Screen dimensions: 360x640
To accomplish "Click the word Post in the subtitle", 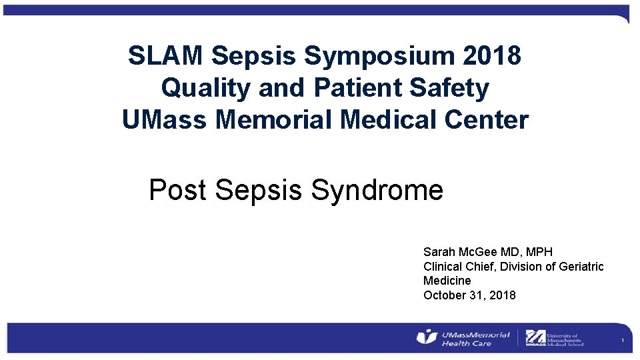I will click(x=178, y=190).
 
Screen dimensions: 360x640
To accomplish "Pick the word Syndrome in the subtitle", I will click(x=377, y=190).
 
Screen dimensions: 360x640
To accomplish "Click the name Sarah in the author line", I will click(x=439, y=252).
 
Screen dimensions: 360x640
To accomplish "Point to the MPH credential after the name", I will click(x=539, y=252).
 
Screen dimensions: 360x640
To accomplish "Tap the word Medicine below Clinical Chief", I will click(x=447, y=281).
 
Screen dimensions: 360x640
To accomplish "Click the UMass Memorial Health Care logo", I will click(x=463, y=338).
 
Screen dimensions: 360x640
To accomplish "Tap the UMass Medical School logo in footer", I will click(x=554, y=338).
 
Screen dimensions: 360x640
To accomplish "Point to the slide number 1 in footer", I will click(x=621, y=341).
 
